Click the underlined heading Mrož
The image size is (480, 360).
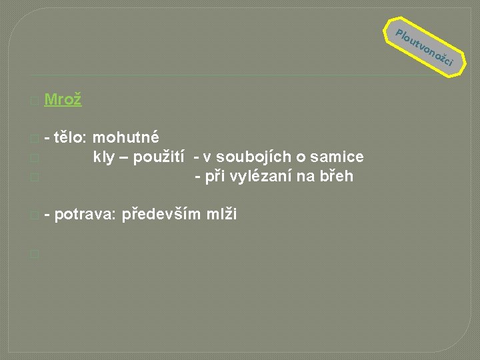[63, 100]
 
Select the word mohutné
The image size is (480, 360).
[126, 138]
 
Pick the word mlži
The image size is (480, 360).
[221, 215]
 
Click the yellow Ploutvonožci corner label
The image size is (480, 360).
[425, 47]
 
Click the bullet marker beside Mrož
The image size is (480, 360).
[34, 101]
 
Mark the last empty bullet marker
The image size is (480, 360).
[34, 254]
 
